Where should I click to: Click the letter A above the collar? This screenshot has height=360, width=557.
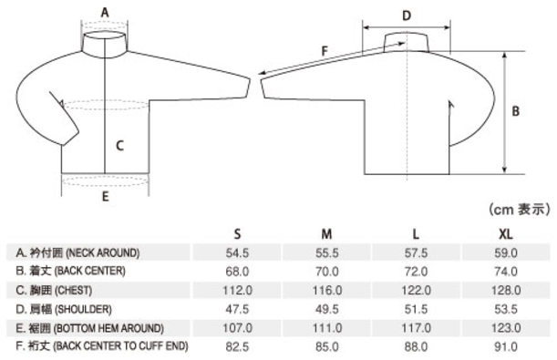105,13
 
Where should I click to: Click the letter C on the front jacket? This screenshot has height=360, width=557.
120,146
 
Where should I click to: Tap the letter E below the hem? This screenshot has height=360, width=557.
105,197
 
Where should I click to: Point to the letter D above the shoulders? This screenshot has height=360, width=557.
407,15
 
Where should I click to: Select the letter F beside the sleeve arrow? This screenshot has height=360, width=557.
325,51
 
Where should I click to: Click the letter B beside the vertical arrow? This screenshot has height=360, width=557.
515,111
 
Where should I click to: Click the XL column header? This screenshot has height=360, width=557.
505,234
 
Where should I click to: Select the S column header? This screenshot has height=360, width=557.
237,234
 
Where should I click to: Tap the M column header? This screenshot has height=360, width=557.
326,234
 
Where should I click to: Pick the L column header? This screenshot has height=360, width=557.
416,234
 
